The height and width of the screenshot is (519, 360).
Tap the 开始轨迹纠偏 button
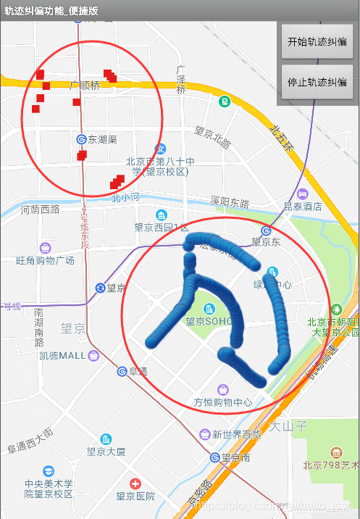point(317,42)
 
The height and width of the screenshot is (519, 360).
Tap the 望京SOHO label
point(209,322)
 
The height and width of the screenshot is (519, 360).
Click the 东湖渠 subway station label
point(102,138)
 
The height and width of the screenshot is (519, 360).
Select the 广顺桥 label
point(85,86)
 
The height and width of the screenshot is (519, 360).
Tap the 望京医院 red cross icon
point(135,483)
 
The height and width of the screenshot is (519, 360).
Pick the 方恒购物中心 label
point(222,402)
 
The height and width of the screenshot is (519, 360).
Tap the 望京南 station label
point(235,457)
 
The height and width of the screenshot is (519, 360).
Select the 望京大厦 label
point(106,451)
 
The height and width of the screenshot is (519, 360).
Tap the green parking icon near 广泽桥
point(225,101)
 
